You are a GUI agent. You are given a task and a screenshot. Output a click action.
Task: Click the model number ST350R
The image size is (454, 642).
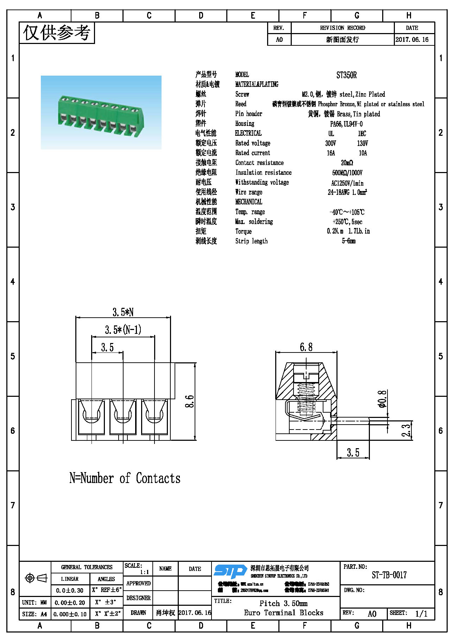click(x=346, y=75)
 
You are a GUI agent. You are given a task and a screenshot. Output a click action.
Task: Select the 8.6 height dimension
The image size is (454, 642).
click(x=189, y=401)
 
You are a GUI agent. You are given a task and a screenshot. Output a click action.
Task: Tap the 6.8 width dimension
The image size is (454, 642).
click(x=306, y=347)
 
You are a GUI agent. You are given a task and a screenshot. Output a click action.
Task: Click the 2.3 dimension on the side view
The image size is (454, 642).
click(x=406, y=430)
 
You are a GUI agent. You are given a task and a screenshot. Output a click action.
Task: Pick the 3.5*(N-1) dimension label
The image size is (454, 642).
click(x=123, y=330)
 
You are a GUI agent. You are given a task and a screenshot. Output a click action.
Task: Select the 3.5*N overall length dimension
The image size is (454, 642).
click(x=123, y=312)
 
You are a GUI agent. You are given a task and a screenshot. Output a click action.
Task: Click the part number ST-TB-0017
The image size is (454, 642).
click(x=389, y=575)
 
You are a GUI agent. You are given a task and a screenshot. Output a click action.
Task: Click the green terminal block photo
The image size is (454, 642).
click(x=101, y=113)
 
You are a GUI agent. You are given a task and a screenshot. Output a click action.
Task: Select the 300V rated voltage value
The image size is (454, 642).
click(x=330, y=143)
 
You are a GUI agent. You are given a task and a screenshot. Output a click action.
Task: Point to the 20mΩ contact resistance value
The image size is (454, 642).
click(x=347, y=163)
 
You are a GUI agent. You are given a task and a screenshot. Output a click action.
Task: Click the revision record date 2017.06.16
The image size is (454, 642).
click(x=412, y=39)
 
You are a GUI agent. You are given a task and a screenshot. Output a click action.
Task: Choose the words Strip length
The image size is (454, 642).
click(x=251, y=241)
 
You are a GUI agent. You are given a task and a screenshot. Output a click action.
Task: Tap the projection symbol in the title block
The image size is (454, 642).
click(x=36, y=578)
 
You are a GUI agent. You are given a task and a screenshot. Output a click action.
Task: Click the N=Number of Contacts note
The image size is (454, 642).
click(x=125, y=478)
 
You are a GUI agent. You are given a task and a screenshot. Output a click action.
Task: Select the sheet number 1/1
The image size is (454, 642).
click(x=421, y=614)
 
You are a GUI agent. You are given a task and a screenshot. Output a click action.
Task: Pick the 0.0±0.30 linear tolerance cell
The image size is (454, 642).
click(x=70, y=590)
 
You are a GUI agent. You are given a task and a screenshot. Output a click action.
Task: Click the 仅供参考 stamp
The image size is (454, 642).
click(x=57, y=33)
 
